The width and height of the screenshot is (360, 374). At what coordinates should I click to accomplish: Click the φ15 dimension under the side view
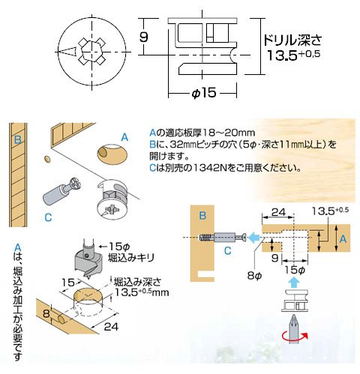[203, 93]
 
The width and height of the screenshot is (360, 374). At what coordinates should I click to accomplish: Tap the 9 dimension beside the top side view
[143, 37]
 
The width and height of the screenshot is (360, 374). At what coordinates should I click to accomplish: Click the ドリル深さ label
[292, 40]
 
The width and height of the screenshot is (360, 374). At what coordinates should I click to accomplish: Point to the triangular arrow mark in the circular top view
[67, 51]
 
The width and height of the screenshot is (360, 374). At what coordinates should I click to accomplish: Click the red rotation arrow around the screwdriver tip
[295, 338]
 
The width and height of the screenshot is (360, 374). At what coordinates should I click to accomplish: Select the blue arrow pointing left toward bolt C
[254, 236]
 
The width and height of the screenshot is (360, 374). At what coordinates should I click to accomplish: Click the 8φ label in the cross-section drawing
[254, 276]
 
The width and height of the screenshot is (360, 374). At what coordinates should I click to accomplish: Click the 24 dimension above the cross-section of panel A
[278, 212]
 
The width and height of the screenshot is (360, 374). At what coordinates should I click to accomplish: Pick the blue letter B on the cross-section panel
[202, 215]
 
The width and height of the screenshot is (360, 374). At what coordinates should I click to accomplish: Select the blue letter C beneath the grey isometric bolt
[48, 217]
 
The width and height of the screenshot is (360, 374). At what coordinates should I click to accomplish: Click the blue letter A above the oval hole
[124, 137]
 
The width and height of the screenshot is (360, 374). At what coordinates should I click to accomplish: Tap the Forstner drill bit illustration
[88, 260]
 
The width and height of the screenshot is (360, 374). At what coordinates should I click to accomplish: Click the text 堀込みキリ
[131, 258]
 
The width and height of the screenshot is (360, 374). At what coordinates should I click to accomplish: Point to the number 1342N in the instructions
[210, 168]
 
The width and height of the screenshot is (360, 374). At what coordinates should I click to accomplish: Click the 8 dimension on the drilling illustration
[46, 313]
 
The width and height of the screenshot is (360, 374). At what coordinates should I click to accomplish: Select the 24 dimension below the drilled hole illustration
[111, 327]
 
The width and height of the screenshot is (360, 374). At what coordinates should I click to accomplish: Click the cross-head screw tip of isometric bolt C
[75, 184]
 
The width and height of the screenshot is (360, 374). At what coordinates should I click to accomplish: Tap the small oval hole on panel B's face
[47, 159]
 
